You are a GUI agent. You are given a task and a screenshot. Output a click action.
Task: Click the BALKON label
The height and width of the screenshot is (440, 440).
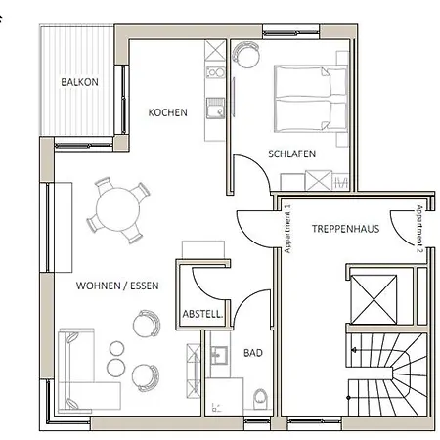(79, 82)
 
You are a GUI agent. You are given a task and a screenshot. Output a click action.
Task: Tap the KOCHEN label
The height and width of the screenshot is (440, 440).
(167, 112)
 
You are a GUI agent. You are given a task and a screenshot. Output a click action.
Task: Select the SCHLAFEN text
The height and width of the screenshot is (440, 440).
(291, 154)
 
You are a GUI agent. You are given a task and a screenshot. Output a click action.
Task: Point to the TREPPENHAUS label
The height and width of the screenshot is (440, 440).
(345, 229)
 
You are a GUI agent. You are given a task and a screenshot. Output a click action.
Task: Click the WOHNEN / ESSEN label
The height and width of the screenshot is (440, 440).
(117, 286)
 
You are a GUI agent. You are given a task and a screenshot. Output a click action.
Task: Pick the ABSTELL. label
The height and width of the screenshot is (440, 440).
(202, 314)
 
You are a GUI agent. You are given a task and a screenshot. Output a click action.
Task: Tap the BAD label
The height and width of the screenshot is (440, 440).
(253, 353)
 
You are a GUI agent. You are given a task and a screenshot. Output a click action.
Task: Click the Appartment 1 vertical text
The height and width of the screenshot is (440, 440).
(287, 229)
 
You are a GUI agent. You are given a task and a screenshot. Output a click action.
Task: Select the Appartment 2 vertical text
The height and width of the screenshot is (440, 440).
(419, 229)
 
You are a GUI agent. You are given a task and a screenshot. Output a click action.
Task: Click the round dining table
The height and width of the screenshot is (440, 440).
(118, 209)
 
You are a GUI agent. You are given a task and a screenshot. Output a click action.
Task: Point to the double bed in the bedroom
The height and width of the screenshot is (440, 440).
(310, 99)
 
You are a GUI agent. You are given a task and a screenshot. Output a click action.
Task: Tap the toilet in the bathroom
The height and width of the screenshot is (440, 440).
(260, 399)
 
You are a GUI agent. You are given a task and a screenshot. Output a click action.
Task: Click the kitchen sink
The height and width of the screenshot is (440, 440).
(215, 108)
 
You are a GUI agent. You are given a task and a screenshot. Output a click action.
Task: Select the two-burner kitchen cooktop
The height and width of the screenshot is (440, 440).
(215, 72)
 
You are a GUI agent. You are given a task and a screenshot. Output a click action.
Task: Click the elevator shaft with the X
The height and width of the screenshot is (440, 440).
(374, 299)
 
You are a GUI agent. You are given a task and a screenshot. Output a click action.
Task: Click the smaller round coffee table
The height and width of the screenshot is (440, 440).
(116, 348)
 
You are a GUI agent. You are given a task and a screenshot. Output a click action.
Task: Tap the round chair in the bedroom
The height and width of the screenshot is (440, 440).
(246, 54)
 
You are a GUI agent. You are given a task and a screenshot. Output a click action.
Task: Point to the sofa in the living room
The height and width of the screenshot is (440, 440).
(86, 370)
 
